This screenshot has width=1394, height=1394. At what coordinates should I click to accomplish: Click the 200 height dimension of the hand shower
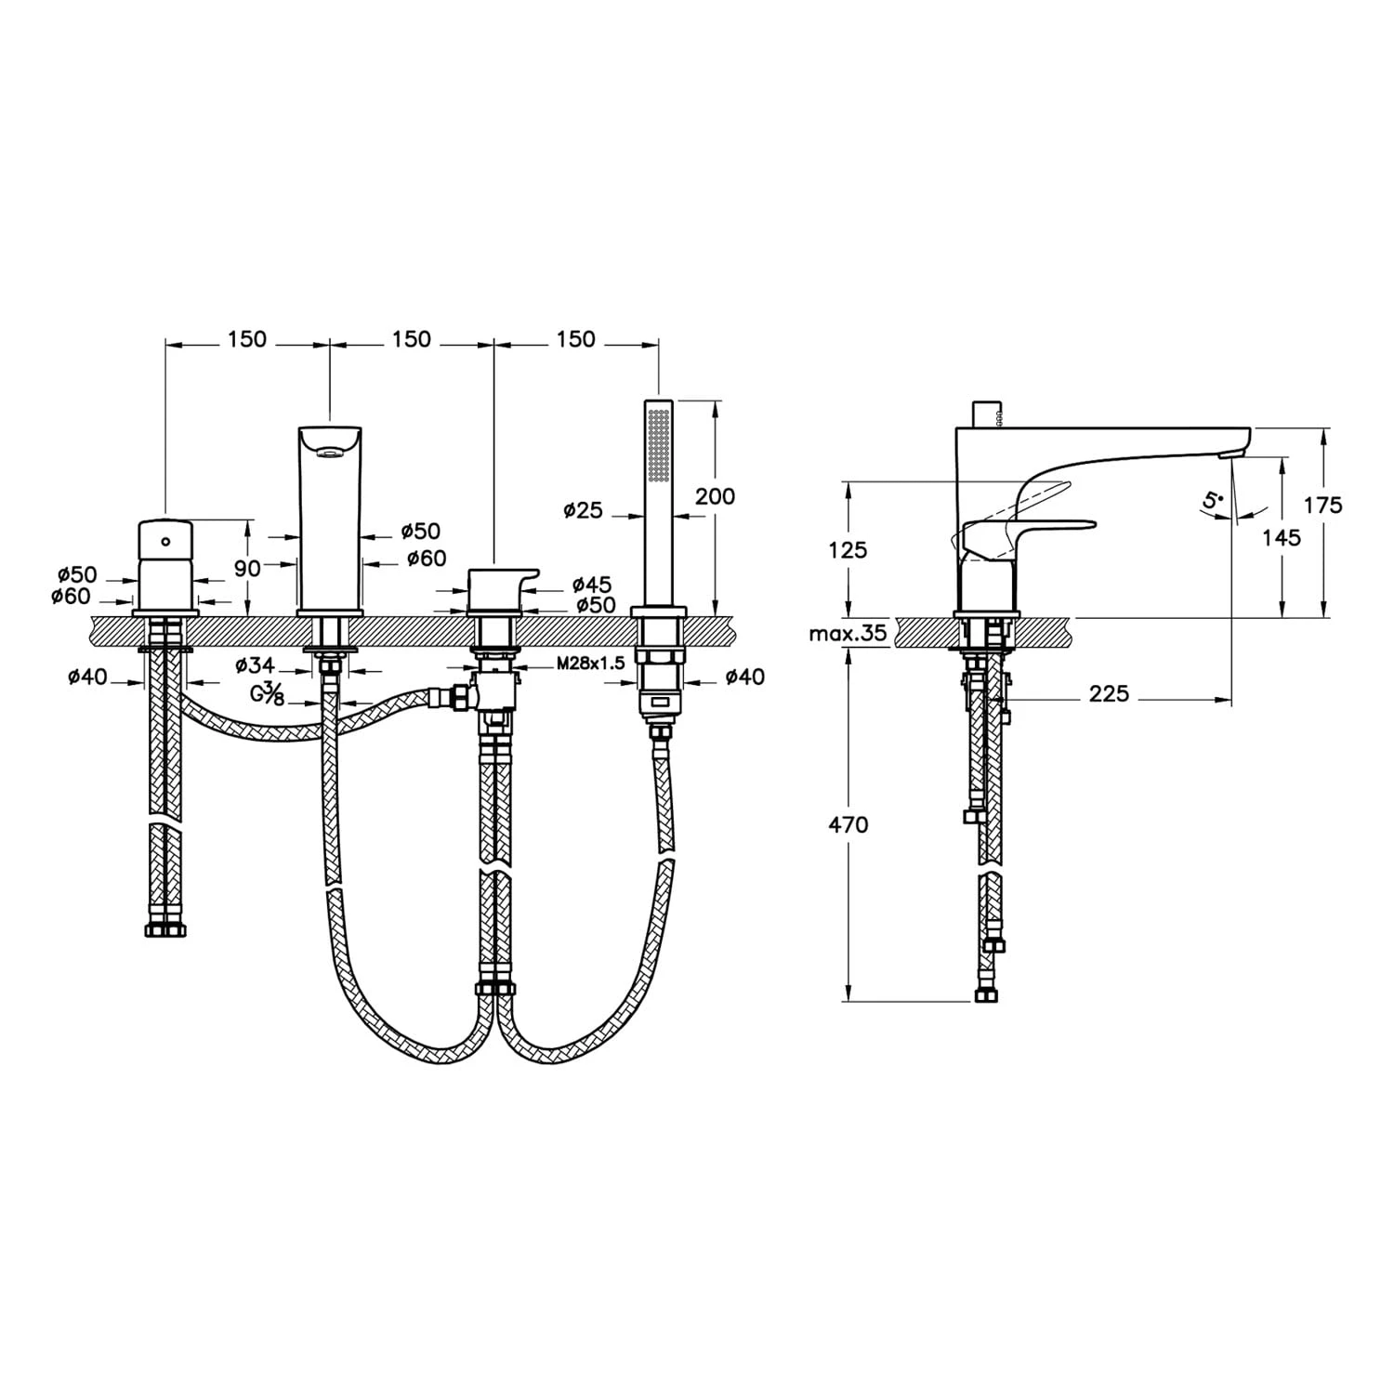715,496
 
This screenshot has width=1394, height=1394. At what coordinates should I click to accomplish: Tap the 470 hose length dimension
849,824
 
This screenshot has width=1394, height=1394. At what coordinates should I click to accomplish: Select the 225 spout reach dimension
1110,693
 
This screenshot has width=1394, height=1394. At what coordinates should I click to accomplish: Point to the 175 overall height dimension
1323,505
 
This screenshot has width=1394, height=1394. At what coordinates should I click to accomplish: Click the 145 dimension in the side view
1282,536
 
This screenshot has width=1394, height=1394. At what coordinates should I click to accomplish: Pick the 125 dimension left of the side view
848,549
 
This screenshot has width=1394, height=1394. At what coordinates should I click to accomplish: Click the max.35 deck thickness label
848,635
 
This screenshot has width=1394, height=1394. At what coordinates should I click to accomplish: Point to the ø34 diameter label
255,664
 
